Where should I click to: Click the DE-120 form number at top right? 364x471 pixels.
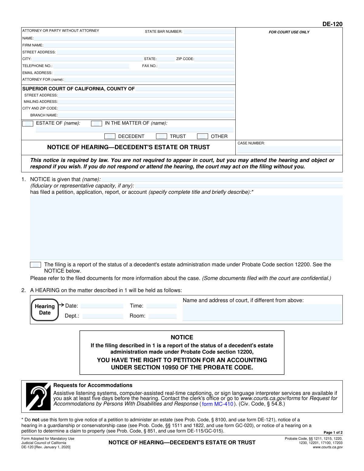332,24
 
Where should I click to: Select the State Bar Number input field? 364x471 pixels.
209,32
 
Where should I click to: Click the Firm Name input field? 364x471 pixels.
139,45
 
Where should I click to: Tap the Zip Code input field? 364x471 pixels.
214,59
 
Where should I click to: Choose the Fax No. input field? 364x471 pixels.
196,66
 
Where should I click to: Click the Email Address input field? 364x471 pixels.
144,73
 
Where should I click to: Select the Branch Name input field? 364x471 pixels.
146,115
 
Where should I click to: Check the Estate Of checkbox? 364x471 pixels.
28,123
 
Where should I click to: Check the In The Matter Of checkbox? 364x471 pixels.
96,123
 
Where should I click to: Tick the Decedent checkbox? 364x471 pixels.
110,136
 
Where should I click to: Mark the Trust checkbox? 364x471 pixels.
161,136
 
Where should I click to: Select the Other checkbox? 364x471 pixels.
202,136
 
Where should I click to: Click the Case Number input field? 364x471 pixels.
289,150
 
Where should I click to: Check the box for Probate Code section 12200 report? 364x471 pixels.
35,265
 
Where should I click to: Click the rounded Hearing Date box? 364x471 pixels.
45,310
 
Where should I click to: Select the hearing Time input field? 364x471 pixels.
161,306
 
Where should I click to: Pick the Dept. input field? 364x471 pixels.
103,316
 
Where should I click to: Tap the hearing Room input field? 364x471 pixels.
162,316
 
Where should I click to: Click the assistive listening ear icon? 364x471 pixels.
38,396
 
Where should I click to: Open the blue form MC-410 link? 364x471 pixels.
217,404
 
